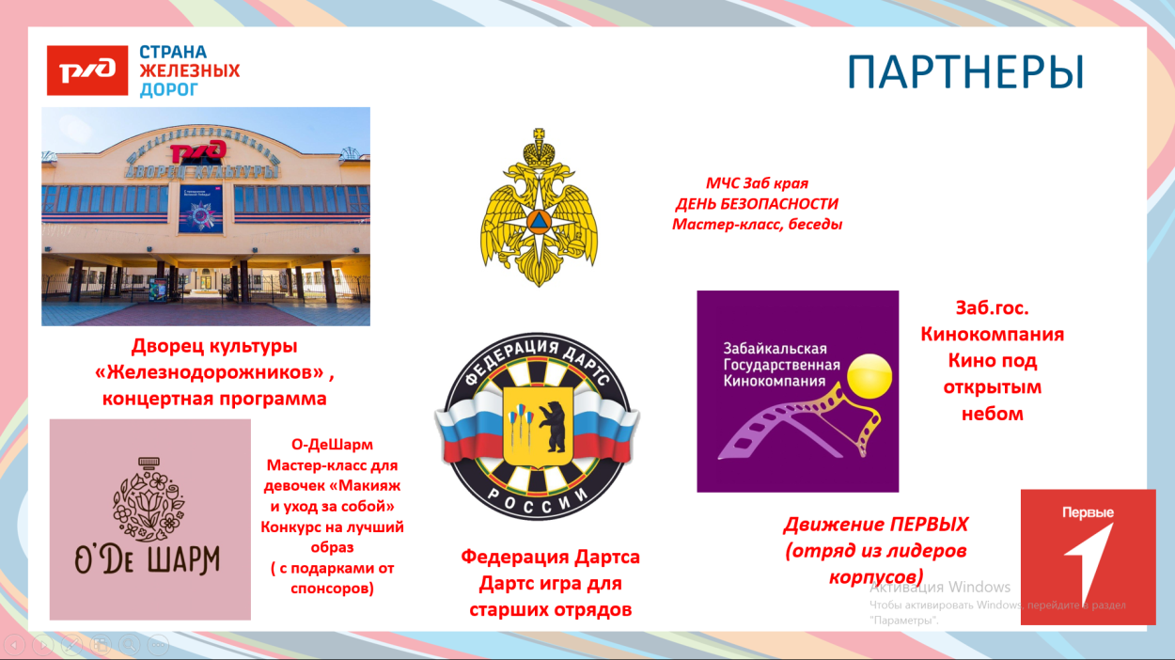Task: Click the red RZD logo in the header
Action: (87, 71)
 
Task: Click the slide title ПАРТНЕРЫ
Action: (965, 73)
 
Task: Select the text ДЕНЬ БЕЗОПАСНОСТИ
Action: (757, 204)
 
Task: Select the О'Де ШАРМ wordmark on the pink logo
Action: (149, 559)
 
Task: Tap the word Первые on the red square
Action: (1088, 513)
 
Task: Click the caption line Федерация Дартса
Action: (550, 557)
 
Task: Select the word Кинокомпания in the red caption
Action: (992, 334)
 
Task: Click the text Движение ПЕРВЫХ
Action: (875, 525)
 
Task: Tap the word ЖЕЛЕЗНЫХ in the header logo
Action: (190, 71)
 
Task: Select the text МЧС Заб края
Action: (757, 183)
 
